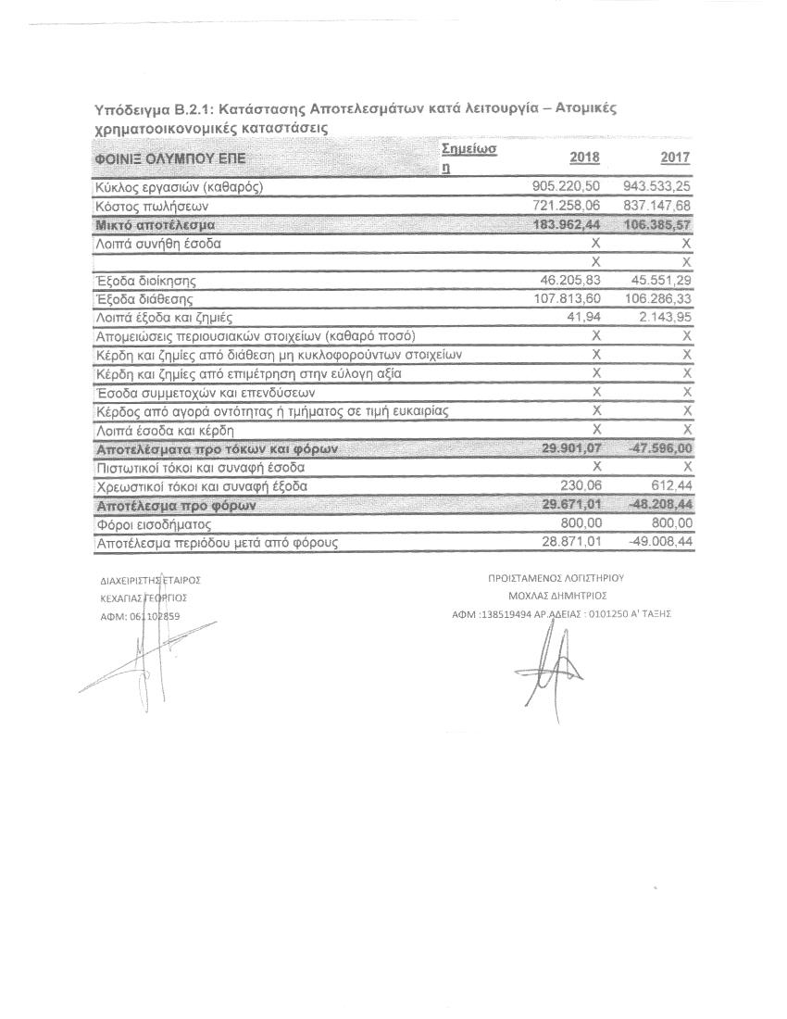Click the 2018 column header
pos(584,158)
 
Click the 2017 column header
pos(675,158)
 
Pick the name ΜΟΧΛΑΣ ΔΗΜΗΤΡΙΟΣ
pos(555,596)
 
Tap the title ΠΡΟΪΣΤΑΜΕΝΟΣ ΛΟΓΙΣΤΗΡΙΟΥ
pos(556,578)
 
